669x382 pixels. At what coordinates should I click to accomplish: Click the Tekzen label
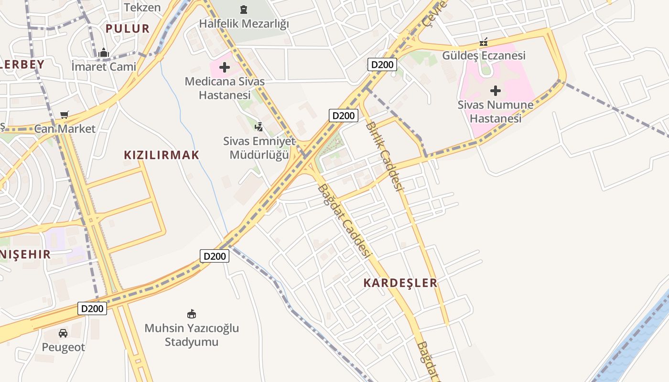click(x=142, y=7)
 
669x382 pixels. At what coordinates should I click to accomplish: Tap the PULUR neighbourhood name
click(x=128, y=28)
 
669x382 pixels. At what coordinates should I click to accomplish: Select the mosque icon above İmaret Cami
click(x=104, y=53)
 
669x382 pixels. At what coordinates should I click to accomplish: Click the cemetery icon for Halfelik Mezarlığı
click(x=244, y=10)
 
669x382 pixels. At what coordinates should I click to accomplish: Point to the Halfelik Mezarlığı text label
click(x=244, y=23)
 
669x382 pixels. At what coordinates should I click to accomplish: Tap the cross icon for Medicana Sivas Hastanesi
click(x=225, y=67)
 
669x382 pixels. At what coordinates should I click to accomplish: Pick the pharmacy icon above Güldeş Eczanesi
click(x=484, y=42)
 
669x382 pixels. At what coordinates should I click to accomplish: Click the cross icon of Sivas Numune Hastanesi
click(x=496, y=90)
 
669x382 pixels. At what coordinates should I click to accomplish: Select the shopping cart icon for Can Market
click(x=65, y=115)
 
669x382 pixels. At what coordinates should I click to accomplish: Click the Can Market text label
click(x=65, y=128)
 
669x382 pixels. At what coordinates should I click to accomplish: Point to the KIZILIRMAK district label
click(x=162, y=155)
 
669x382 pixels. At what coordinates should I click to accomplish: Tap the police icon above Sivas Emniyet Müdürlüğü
click(x=259, y=127)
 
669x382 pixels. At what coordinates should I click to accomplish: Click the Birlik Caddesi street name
click(x=385, y=155)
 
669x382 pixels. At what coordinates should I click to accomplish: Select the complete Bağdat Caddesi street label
click(x=344, y=221)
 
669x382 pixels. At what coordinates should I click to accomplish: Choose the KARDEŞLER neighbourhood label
click(x=400, y=283)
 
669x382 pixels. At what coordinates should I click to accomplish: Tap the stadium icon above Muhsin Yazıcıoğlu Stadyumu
click(x=192, y=314)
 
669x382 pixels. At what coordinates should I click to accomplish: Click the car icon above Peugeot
click(x=63, y=333)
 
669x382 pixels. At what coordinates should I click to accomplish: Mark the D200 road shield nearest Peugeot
click(x=92, y=308)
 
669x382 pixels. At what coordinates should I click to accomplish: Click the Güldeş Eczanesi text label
click(x=484, y=55)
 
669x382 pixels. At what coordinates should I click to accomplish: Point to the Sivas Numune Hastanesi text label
click(x=496, y=111)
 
